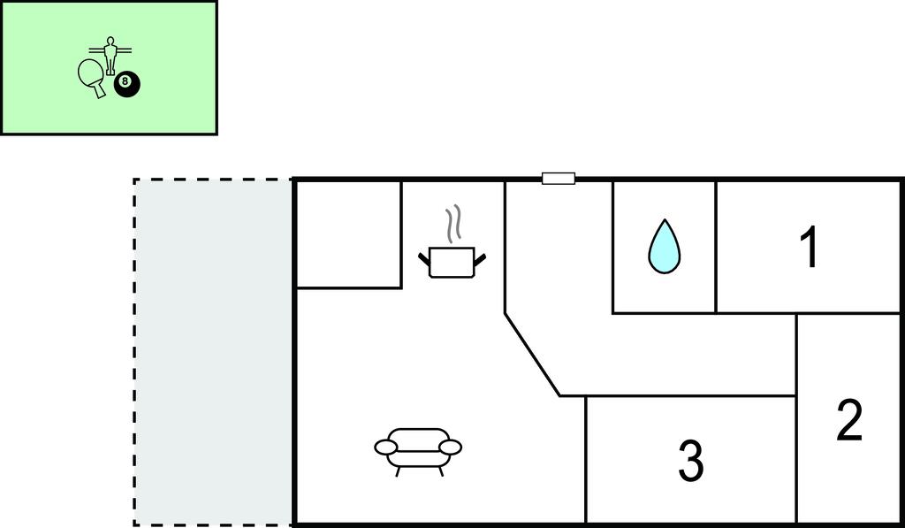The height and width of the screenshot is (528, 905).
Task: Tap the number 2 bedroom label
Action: (x=848, y=421)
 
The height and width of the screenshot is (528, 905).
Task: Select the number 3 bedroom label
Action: (x=690, y=461)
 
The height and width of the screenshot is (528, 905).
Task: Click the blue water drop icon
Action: (x=665, y=246)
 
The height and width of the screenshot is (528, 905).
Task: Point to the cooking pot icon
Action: (x=452, y=263)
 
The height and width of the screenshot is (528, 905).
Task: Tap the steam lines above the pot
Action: (x=453, y=225)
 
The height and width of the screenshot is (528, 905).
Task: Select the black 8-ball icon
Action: (x=126, y=84)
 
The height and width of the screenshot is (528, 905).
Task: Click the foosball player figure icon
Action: (x=110, y=55)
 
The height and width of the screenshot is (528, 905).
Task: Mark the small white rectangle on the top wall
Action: (x=559, y=179)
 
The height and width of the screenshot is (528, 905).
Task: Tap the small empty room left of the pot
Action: (x=348, y=234)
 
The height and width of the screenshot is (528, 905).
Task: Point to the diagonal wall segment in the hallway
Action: (x=532, y=354)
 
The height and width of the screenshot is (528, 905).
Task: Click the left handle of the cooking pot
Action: (x=424, y=257)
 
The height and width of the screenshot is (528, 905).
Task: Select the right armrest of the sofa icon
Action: (x=451, y=447)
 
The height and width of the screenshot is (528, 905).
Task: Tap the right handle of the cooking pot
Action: (x=480, y=257)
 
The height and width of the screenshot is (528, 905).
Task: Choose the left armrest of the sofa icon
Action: (x=385, y=447)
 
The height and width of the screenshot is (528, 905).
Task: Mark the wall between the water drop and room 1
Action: (x=716, y=247)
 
